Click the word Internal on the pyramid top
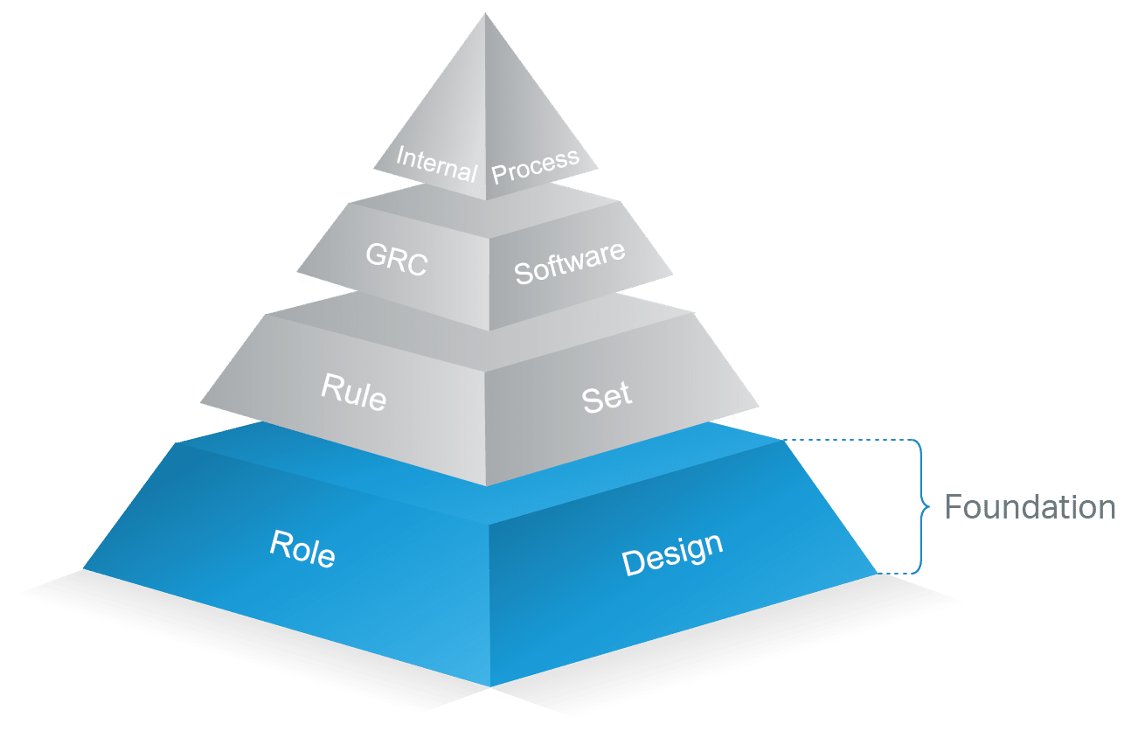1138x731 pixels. (435, 164)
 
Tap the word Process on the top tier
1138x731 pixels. (535, 164)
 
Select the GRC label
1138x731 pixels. (396, 260)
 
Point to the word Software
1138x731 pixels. (569, 261)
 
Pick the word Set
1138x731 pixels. (607, 398)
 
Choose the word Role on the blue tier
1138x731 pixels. (302, 549)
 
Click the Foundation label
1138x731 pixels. (1030, 507)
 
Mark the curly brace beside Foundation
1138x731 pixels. (919, 505)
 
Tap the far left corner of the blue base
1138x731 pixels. (83, 569)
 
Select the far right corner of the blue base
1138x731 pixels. (878, 574)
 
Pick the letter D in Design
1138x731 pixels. (634, 563)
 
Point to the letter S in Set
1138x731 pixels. (590, 401)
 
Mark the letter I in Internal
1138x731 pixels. (400, 157)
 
